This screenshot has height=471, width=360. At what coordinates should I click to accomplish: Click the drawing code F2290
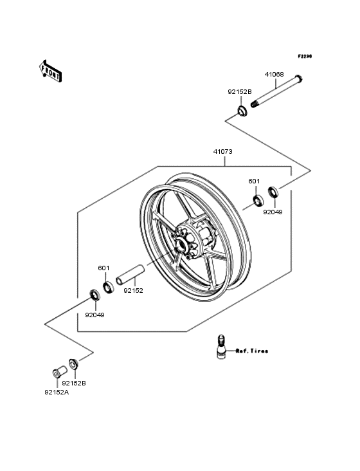[304, 57]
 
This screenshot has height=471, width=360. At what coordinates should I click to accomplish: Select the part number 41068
[275, 75]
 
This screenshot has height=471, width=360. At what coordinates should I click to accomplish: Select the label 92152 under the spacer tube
[133, 291]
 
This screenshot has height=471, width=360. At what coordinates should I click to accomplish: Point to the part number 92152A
[57, 392]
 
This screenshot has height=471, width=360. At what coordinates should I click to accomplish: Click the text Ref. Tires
[251, 351]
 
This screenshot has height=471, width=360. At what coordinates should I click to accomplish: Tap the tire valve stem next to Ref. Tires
[221, 347]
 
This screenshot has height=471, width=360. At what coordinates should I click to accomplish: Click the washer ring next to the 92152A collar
[73, 365]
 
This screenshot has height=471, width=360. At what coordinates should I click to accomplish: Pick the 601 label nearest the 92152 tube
[104, 268]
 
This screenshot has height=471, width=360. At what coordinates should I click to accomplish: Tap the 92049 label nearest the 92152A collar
[94, 315]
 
